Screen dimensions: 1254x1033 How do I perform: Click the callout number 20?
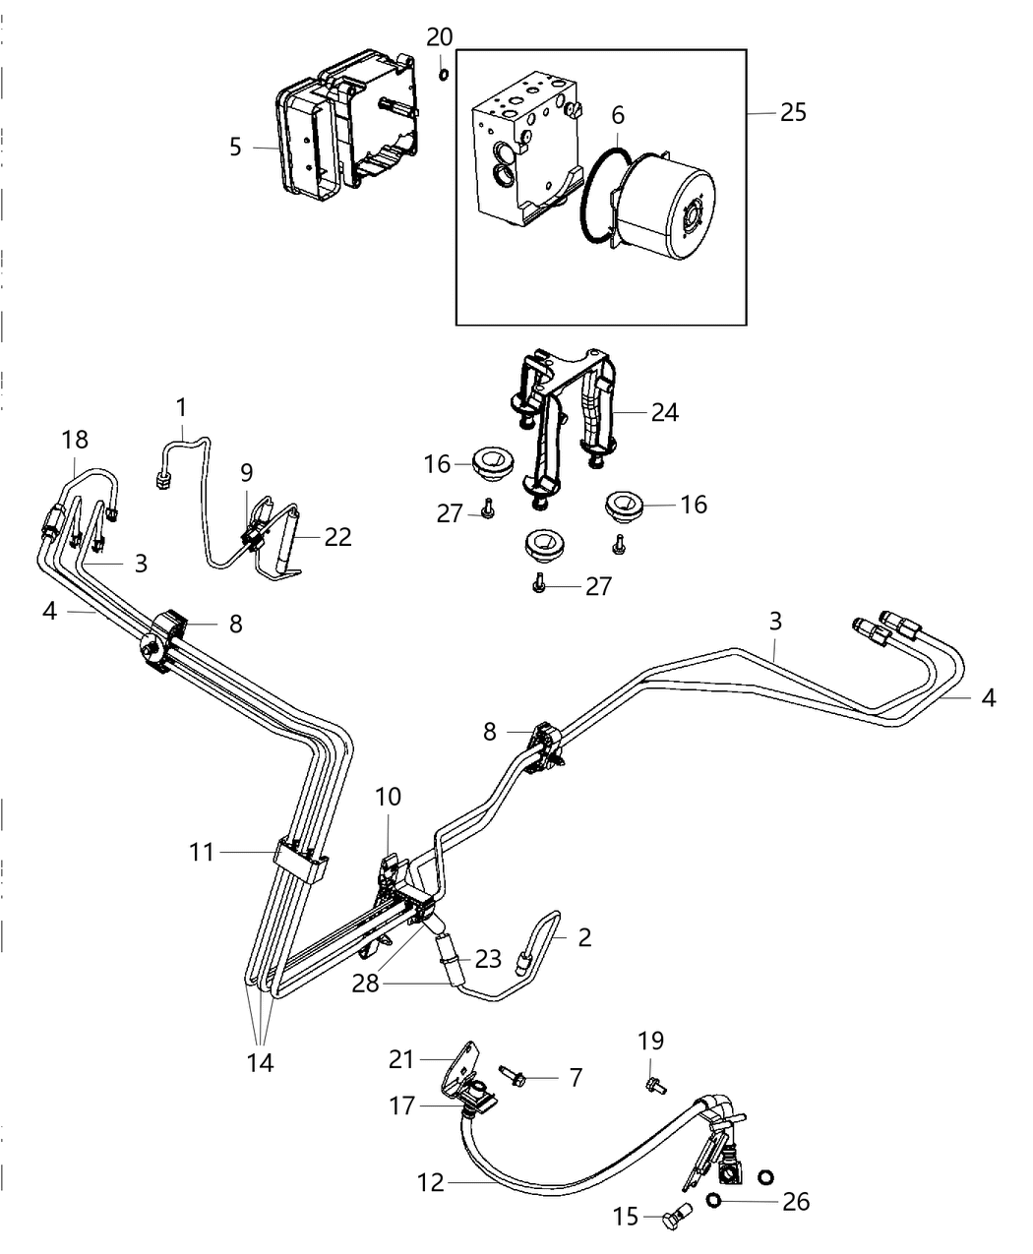tap(440, 37)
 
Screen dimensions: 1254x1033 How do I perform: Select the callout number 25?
tap(793, 112)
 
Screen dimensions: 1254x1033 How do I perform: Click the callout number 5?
tap(235, 147)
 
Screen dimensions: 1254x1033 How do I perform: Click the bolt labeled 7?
tap(512, 1077)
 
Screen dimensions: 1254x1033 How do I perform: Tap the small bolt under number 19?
tap(653, 1085)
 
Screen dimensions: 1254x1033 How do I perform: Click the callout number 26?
tap(796, 1201)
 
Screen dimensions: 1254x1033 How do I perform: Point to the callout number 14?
tap(261, 1062)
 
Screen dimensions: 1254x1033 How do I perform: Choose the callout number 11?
tap(202, 852)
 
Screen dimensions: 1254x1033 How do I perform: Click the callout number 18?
tap(75, 440)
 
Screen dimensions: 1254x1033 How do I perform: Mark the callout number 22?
tap(337, 537)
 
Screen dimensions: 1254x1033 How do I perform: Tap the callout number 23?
tap(489, 959)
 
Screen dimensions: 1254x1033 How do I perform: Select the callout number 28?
tap(366, 983)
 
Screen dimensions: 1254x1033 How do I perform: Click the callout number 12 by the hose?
tap(431, 1183)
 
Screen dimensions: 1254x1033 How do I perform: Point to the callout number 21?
tap(401, 1058)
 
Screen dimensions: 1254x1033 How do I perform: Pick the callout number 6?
tap(618, 115)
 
